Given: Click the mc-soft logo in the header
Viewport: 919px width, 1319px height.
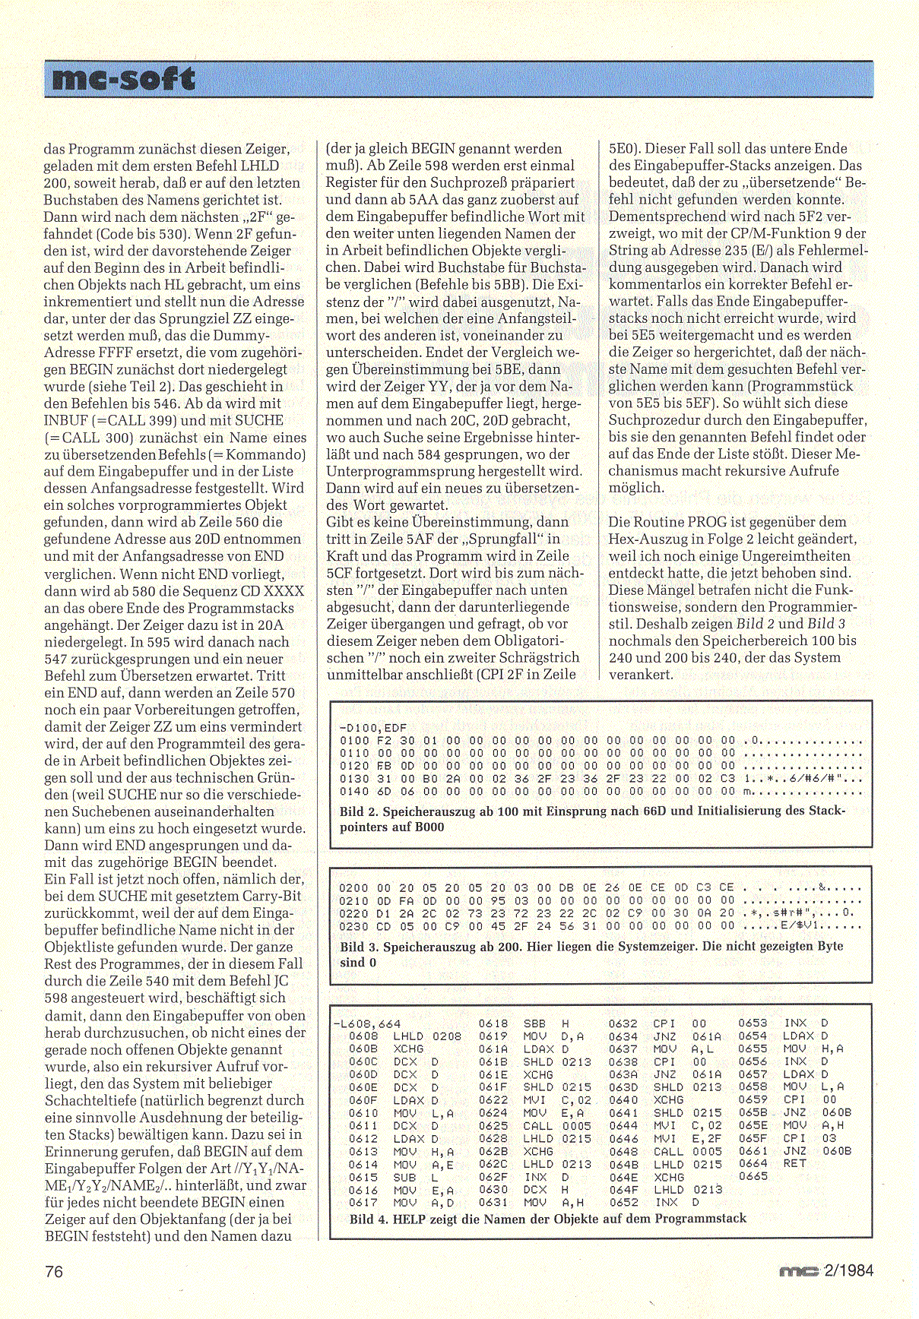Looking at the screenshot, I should coord(120,79).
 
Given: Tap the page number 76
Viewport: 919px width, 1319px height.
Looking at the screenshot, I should coord(54,1271).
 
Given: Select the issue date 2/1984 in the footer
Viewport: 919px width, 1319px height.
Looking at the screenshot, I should coord(848,1270).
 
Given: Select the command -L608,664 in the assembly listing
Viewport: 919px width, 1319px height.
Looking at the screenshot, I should coord(367,1023).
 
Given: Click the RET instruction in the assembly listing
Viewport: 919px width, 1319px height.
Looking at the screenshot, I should coord(794,1163).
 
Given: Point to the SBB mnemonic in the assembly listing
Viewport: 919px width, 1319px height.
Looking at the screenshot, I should coord(534,1023).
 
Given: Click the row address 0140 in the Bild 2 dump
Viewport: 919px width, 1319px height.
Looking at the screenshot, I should coord(353,791).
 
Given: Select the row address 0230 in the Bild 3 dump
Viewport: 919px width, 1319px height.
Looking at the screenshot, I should coord(353,926).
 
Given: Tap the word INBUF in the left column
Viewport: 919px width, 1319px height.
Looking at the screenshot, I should coord(67,420).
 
